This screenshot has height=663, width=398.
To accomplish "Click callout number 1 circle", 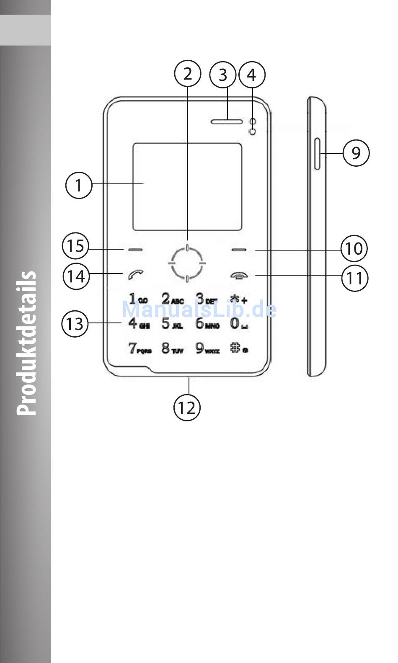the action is click(79, 185).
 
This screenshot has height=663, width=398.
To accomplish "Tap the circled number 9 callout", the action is click(356, 153).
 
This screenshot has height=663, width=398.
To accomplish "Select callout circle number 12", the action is click(187, 407).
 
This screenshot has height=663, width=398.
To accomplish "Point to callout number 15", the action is click(76, 246).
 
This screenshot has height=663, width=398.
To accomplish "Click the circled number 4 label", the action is click(251, 75).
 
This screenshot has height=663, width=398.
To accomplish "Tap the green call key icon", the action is click(135, 275).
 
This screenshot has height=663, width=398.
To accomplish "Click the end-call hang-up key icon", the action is click(239, 276).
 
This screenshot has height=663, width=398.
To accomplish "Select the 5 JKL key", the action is click(172, 324).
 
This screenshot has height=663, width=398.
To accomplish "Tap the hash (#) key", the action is click(238, 348).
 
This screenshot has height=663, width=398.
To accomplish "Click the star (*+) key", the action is click(238, 299).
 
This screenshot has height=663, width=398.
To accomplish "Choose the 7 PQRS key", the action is click(140, 348).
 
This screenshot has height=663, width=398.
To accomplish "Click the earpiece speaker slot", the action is click(227, 121).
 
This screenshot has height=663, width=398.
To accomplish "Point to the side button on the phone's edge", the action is click(317, 154).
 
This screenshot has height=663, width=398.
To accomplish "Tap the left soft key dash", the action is click(135, 250).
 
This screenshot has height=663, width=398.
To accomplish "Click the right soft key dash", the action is click(239, 250).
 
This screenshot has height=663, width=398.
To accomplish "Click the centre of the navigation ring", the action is click(187, 263).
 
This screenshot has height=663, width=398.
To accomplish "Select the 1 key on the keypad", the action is click(138, 299).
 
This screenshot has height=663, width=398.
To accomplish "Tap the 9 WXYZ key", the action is click(207, 348).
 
